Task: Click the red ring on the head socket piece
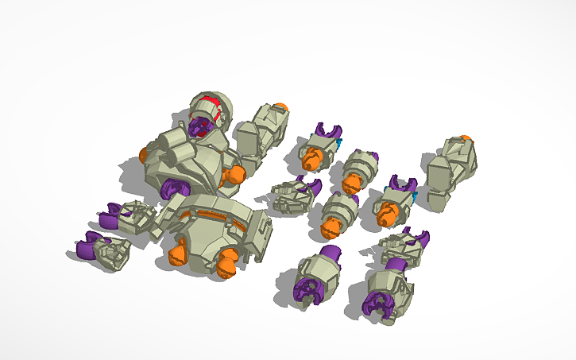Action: click(x=208, y=104)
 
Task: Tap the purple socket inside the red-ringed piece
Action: click(x=200, y=126)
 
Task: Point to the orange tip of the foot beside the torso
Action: click(x=280, y=106)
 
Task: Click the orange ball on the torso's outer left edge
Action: click(x=145, y=153)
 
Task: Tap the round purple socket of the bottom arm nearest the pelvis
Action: click(x=306, y=291)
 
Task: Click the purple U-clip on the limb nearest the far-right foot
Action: click(x=404, y=184)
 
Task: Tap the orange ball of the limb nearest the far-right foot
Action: click(x=388, y=213)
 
